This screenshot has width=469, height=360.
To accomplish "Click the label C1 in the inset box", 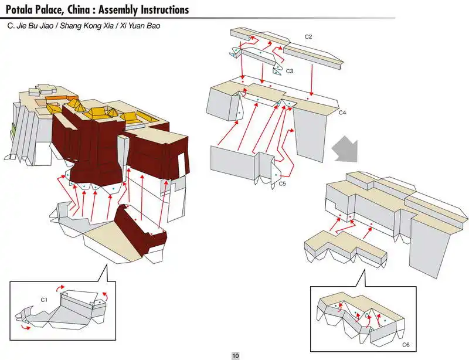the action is [44, 300].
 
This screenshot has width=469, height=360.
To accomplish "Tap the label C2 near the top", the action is [308, 36].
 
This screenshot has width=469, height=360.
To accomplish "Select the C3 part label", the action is [289, 71].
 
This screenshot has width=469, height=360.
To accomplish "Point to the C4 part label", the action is [342, 111].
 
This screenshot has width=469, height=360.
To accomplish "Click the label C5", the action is [282, 184].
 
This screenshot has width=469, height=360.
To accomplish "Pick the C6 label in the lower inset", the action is [406, 344].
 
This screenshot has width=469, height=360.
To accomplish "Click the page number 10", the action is [235, 355].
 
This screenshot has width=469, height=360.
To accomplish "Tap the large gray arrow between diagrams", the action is [343, 150].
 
